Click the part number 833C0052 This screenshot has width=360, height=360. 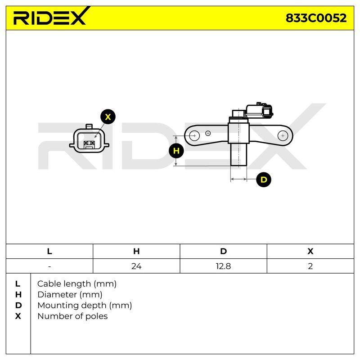point(316,18)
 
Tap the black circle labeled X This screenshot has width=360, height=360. point(108,117)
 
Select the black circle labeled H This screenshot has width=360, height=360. point(176,151)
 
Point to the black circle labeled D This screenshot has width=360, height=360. point(264,180)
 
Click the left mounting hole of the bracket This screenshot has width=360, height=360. point(194,136)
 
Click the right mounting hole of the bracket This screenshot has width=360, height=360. point(283,136)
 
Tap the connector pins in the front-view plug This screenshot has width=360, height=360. point(89,144)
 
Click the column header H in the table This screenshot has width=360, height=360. point(136,252)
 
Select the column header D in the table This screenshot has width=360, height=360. point(223,252)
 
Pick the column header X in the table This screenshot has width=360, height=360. point(310,252)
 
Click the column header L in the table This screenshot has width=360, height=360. point(49,252)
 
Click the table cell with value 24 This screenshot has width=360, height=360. point(136,266)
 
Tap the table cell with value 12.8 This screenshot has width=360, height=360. point(223,266)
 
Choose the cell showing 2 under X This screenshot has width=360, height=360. point(310,266)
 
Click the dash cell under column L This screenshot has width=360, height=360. point(49,266)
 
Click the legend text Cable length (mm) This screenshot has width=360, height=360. point(77,284)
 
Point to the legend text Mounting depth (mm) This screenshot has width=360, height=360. point(85,306)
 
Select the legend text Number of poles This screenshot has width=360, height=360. point(72,316)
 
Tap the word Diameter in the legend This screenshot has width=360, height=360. point(57,295)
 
